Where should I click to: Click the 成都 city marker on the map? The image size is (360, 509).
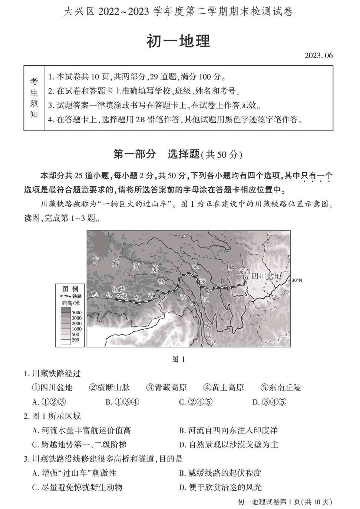(x=245, y=277)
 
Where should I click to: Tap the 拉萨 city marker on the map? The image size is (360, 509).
(x=118, y=296)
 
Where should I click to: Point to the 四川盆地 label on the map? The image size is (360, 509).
(x=266, y=276)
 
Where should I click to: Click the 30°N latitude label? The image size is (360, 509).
(x=297, y=280)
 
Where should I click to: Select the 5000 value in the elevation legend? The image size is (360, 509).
(x=76, y=313)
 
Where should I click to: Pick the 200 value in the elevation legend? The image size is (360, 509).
(x=75, y=340)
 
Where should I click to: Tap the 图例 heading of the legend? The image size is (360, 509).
(x=70, y=289)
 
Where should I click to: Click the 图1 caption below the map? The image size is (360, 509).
(x=179, y=359)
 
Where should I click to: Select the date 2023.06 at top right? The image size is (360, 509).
(x=318, y=56)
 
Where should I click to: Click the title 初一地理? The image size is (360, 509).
(x=178, y=41)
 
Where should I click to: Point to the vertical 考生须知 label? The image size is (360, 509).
(x=34, y=98)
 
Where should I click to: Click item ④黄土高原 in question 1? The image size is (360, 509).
(x=224, y=387)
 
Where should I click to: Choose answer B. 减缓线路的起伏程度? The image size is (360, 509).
(x=220, y=473)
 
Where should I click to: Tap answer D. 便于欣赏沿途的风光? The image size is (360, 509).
(x=220, y=487)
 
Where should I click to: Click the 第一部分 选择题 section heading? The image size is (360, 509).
(x=178, y=154)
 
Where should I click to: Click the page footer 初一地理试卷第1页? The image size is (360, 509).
(x=284, y=502)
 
